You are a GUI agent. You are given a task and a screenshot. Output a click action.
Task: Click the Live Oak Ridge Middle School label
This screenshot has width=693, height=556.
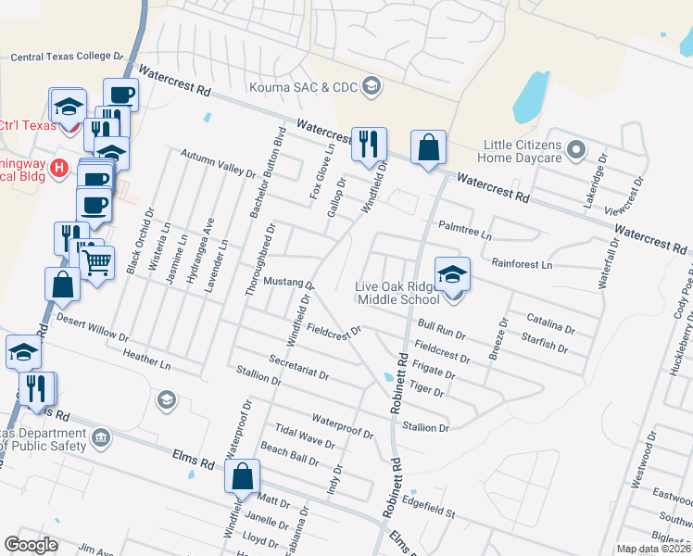[x=397, y=293]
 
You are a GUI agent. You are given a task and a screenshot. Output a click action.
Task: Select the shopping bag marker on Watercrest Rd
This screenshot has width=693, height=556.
[x=428, y=148]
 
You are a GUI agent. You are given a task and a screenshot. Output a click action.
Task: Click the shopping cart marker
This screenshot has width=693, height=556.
[x=96, y=260]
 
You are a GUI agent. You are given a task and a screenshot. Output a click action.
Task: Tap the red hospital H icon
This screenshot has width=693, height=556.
[x=59, y=168]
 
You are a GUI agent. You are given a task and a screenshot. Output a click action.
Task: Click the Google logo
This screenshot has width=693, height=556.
[x=31, y=545]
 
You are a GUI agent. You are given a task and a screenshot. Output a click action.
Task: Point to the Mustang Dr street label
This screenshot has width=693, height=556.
[x=290, y=282]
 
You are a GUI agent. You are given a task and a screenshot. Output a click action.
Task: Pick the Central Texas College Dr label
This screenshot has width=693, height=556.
[x=67, y=57]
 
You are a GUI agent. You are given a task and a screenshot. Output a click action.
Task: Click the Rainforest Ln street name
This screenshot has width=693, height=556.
[x=522, y=264]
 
